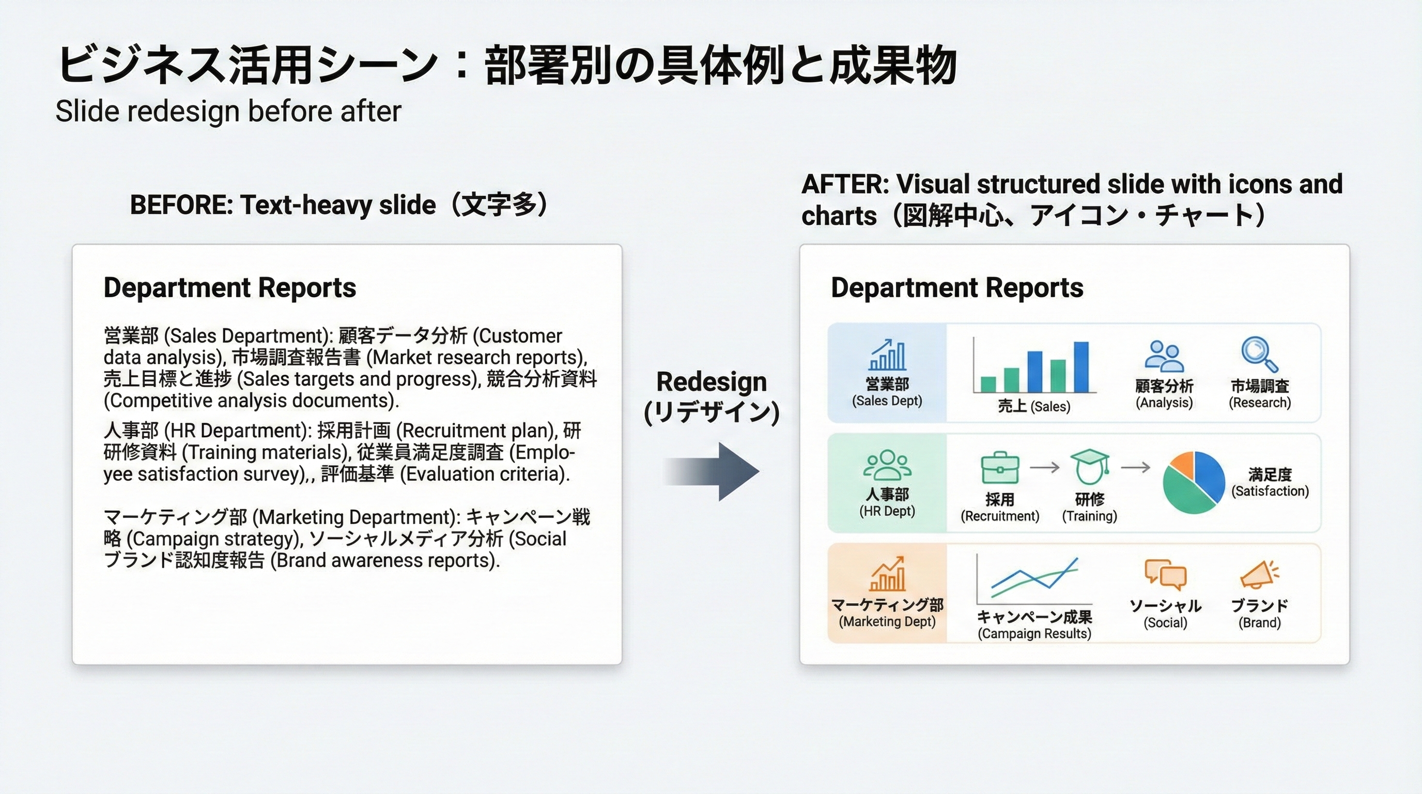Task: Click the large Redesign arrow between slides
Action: [718, 471]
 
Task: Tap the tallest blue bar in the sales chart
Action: [1081, 367]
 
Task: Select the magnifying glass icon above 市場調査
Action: [1258, 354]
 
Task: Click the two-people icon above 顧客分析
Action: [1163, 356]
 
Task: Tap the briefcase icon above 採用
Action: [1000, 468]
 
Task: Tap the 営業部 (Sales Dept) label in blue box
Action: [887, 391]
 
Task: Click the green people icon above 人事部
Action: [887, 465]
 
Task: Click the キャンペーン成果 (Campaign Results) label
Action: [1034, 624]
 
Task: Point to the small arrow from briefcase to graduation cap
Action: [1044, 468]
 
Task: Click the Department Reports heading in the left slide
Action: [229, 288]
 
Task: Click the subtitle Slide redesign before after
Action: [228, 112]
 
